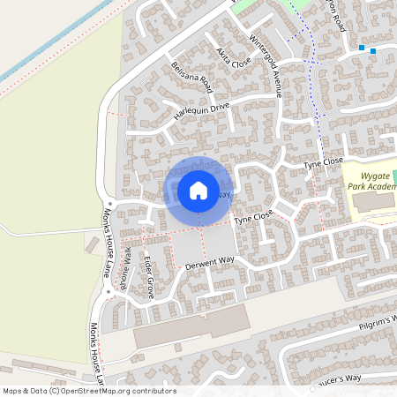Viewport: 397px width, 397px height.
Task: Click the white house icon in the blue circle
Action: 198,191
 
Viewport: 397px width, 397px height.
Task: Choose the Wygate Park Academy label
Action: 370,181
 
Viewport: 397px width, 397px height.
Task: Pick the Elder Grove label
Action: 149,276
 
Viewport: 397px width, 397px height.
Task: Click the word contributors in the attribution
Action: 153,391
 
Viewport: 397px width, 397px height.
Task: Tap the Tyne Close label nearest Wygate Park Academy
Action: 323,163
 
